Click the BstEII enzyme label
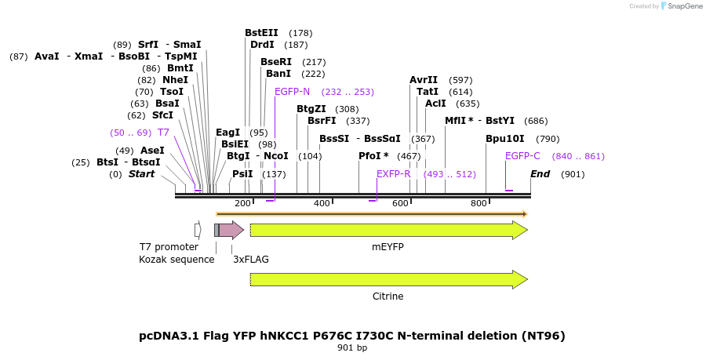click(x=261, y=33)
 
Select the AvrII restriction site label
click(x=424, y=80)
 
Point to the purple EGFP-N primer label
click(x=292, y=92)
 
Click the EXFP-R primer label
click(x=393, y=174)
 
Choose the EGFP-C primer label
click(x=522, y=156)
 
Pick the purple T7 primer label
click(x=163, y=133)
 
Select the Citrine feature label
click(x=388, y=296)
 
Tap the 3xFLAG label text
click(x=251, y=259)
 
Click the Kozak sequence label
click(x=176, y=259)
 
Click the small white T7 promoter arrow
click(x=198, y=230)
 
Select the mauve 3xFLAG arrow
click(x=231, y=230)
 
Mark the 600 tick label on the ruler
click(x=401, y=204)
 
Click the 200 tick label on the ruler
click(x=243, y=204)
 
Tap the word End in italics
click(x=540, y=174)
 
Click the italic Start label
click(x=142, y=174)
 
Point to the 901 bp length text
click(x=352, y=347)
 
